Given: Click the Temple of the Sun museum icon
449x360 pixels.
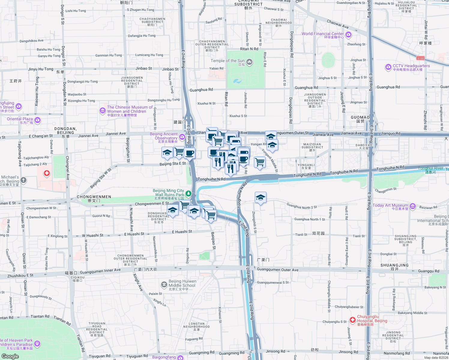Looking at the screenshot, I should [249, 62].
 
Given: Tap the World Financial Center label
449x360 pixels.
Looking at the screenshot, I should [323, 34].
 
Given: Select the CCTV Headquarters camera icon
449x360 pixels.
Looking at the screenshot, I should [388, 67].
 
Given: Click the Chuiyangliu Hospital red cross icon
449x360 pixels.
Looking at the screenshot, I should [353, 320].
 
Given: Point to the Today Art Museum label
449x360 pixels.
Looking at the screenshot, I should [390, 205].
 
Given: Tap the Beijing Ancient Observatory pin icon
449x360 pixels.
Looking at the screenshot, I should [182, 137].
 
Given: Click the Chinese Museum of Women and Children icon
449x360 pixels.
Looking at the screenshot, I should [103, 111].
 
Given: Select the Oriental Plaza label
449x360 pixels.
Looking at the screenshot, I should [20, 119].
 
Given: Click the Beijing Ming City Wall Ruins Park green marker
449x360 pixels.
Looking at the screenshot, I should [188, 193].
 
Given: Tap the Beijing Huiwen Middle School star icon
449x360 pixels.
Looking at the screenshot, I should [164, 284].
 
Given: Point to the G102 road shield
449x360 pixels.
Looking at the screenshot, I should [420, 58].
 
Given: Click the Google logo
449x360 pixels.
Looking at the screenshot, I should [10, 356].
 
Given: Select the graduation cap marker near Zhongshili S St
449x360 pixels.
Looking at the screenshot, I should [260, 198].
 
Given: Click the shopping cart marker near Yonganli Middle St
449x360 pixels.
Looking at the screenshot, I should [260, 162].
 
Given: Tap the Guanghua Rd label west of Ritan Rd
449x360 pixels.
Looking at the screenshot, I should [201, 90].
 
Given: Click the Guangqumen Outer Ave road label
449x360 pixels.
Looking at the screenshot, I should [278, 270].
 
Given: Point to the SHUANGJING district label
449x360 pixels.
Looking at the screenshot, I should [394, 265].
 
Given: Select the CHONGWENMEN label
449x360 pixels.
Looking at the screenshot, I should [94, 197].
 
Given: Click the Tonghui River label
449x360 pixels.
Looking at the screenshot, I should [430, 168].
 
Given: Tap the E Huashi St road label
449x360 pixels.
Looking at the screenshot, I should [182, 232].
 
